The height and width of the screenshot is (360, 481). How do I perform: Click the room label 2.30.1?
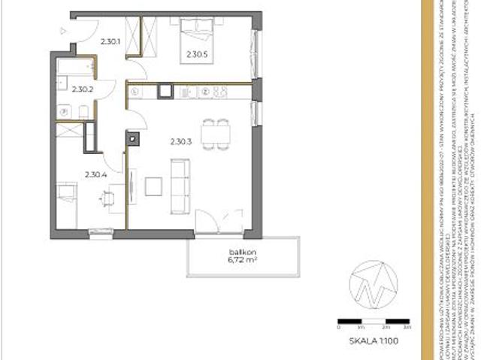click(x=111, y=42)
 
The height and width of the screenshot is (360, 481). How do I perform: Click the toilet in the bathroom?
click(x=83, y=113)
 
